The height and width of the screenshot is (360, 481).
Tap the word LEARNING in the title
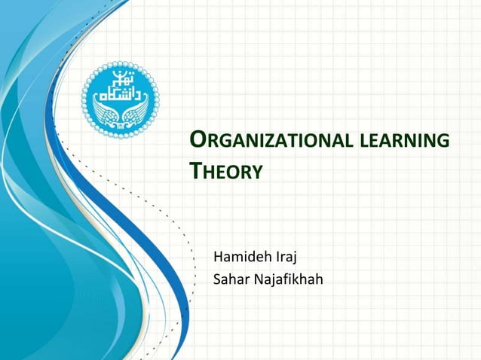coord(409,142)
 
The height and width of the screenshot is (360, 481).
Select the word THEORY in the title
coord(225,172)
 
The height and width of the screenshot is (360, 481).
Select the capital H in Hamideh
coord(219,261)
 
